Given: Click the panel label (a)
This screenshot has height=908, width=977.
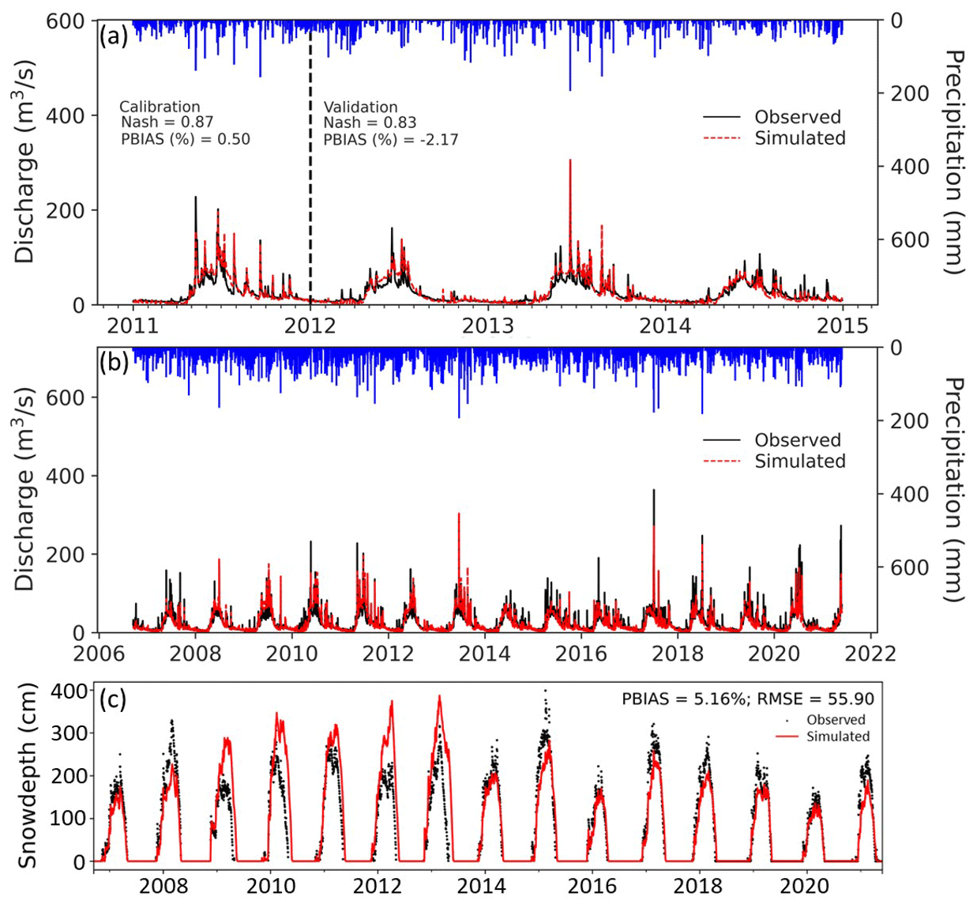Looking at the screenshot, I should pos(114,36).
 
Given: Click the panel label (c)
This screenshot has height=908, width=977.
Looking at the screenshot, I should pos(112,699).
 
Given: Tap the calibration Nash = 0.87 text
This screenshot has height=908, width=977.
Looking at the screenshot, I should pos(167,122).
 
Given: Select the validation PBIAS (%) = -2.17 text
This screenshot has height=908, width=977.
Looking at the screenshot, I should pos(390,140).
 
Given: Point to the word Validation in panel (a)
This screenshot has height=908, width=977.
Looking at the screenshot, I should pos(360,107).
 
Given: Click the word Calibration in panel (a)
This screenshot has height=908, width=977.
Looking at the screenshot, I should pos(160,107).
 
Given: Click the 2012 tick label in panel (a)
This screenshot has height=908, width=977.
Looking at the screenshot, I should pos(310,326).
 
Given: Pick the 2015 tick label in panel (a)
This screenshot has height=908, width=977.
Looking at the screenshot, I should pos(843,326).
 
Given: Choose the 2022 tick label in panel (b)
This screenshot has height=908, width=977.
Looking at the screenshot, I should pos(871,654).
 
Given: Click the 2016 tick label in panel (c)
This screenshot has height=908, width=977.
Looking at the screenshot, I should pos(592,886).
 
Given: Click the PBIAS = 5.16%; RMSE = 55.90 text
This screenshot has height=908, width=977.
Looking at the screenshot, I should pos(747,699).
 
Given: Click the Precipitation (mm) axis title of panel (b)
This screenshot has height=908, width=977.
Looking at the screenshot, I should pos(954,489).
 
